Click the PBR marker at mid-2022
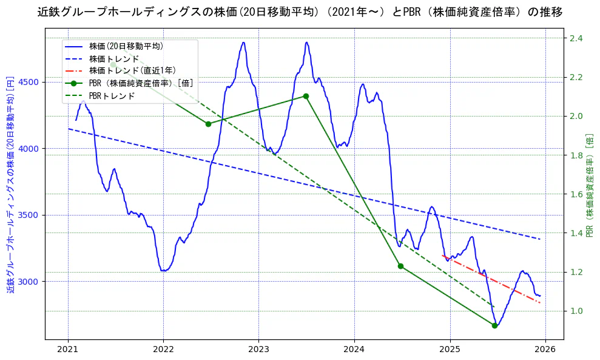208,124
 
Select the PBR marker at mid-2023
306,96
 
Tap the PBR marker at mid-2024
400,266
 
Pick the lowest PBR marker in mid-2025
494,325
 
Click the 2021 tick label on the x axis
67,349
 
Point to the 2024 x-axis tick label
354,349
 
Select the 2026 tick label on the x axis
545,349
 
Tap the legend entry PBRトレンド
112,96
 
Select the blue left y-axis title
10,185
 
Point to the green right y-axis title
590,185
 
